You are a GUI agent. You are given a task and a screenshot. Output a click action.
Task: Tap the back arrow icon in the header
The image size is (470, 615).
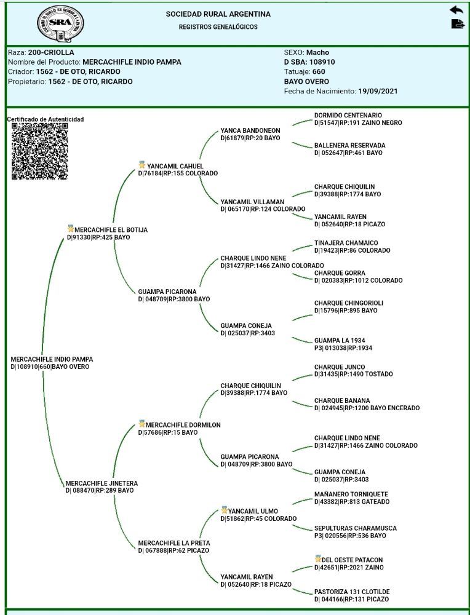pos(456,10)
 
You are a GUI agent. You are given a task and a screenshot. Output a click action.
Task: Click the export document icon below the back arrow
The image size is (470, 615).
pos(457,24)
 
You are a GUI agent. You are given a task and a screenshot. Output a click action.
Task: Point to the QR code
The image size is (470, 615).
pos(39,151)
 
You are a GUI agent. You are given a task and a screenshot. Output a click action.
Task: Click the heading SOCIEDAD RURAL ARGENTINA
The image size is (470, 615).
pos(218,14)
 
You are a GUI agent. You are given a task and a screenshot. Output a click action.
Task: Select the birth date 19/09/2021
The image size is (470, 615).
pos(378,92)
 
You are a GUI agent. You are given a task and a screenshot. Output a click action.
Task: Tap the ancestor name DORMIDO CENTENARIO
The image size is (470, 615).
pos(348,115)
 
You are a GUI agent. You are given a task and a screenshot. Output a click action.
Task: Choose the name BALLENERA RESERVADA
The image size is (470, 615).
pos(349,145)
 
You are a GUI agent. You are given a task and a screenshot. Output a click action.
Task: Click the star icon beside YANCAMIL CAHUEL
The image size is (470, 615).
pos(142,165)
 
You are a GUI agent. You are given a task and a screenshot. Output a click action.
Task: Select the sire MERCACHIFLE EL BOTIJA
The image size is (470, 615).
pos(111,230)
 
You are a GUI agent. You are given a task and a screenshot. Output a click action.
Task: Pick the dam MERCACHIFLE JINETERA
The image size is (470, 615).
pos(102,483)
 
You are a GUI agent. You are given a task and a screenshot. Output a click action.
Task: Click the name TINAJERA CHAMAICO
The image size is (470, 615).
pos(346,243)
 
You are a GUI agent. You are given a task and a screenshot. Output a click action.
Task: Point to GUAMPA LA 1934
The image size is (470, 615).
pos(340,340)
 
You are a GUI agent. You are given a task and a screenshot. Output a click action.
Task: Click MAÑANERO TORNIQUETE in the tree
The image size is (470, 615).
pos(351,494)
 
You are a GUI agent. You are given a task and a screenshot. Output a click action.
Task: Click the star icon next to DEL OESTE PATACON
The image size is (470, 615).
pos(317,559)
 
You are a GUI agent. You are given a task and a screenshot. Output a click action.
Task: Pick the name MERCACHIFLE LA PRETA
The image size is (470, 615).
pos(174,543)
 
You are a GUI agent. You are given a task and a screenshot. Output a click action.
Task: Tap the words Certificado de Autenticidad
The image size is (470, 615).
pos(46,119)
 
